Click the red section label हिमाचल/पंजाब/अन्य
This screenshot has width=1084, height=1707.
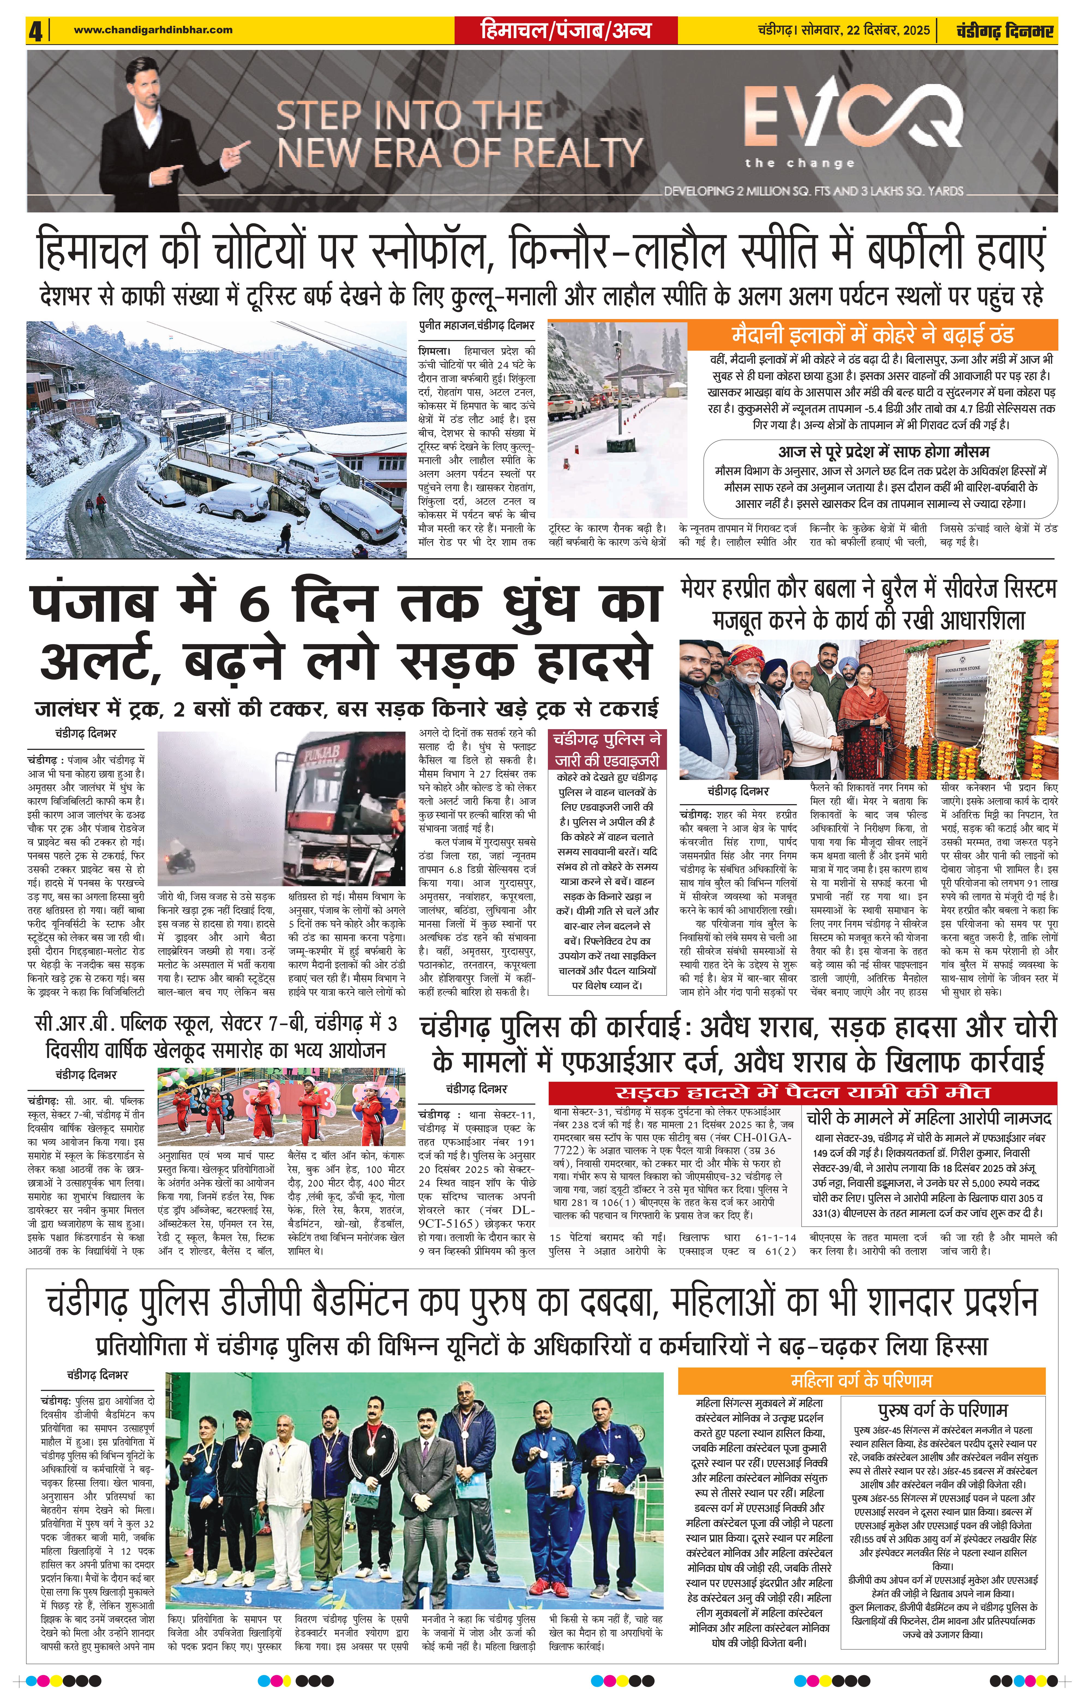click(x=565, y=31)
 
